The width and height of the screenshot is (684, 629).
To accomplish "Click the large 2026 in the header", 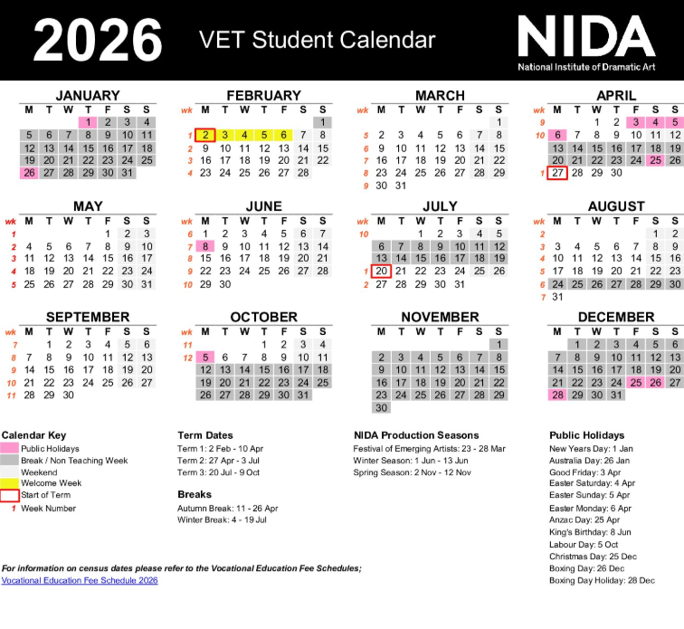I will click(98, 41).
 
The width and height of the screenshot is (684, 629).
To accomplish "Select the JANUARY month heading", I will click(87, 95).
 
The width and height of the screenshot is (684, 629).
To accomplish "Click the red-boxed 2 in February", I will click(205, 135).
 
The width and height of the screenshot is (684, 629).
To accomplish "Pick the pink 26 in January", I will click(29, 173).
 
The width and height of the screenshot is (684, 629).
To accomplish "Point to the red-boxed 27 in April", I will click(557, 173).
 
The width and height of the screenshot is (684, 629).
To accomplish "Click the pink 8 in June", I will click(205, 245).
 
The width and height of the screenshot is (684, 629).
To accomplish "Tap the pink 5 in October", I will click(205, 357).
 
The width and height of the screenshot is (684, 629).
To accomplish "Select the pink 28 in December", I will click(557, 395).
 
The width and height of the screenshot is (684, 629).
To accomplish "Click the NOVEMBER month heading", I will click(440, 317).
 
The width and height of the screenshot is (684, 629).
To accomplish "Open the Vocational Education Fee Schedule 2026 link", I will click(80, 580).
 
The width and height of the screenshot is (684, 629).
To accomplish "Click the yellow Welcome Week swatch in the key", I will click(10, 483).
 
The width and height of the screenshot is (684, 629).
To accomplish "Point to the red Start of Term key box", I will click(10, 495).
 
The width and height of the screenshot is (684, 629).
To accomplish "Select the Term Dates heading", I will click(205, 435).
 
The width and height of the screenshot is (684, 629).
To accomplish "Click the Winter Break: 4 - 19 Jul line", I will click(223, 519).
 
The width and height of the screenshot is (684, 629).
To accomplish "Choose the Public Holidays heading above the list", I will click(587, 435).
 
